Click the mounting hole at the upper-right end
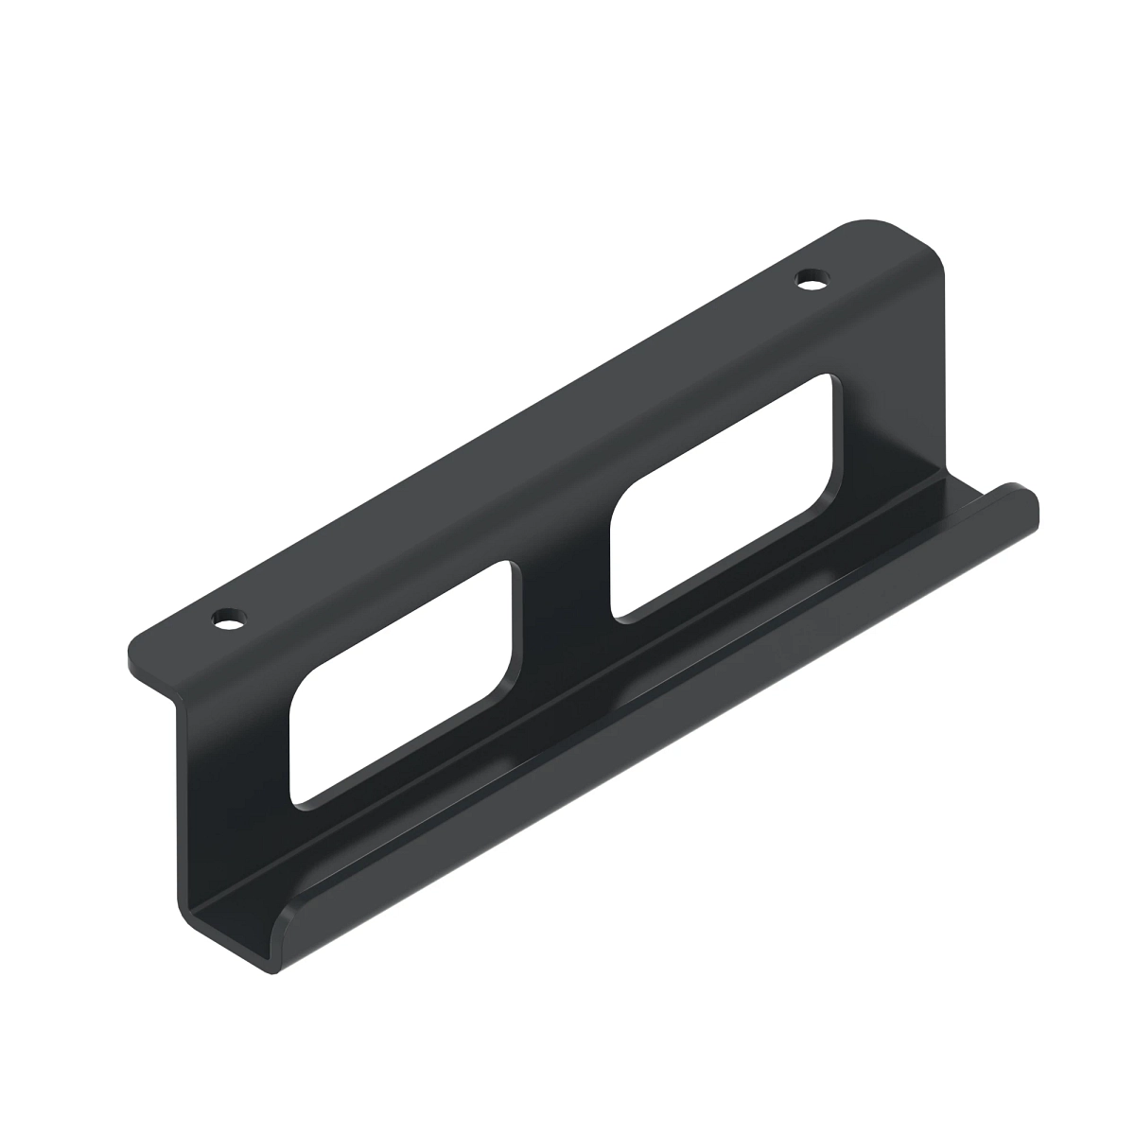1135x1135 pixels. coord(810,279)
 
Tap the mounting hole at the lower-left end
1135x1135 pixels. coord(228,620)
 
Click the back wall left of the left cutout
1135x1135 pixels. coord(236,757)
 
